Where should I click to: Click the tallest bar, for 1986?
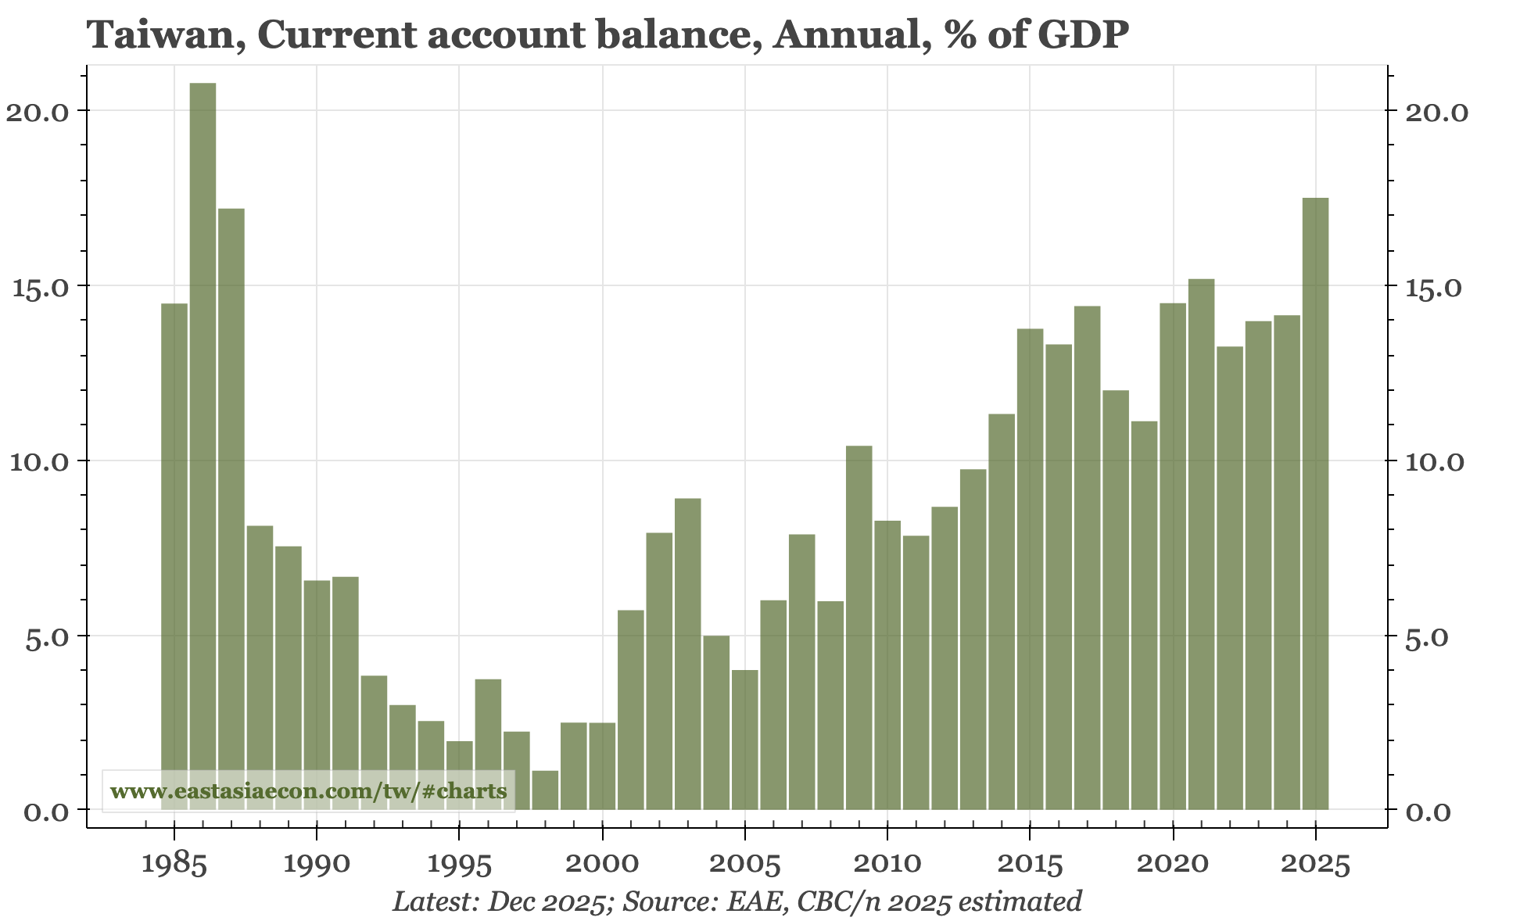(x=203, y=446)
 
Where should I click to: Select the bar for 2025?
(x=1315, y=504)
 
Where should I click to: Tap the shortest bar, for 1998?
(x=545, y=790)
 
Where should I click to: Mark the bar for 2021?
(x=1201, y=544)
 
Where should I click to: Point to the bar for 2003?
(x=687, y=654)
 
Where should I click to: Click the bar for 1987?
(x=231, y=509)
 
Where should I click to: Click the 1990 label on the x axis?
(x=316, y=865)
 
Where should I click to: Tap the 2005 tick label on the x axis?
(x=744, y=865)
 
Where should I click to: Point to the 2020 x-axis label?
(x=1172, y=865)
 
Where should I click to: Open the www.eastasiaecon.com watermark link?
(x=308, y=791)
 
